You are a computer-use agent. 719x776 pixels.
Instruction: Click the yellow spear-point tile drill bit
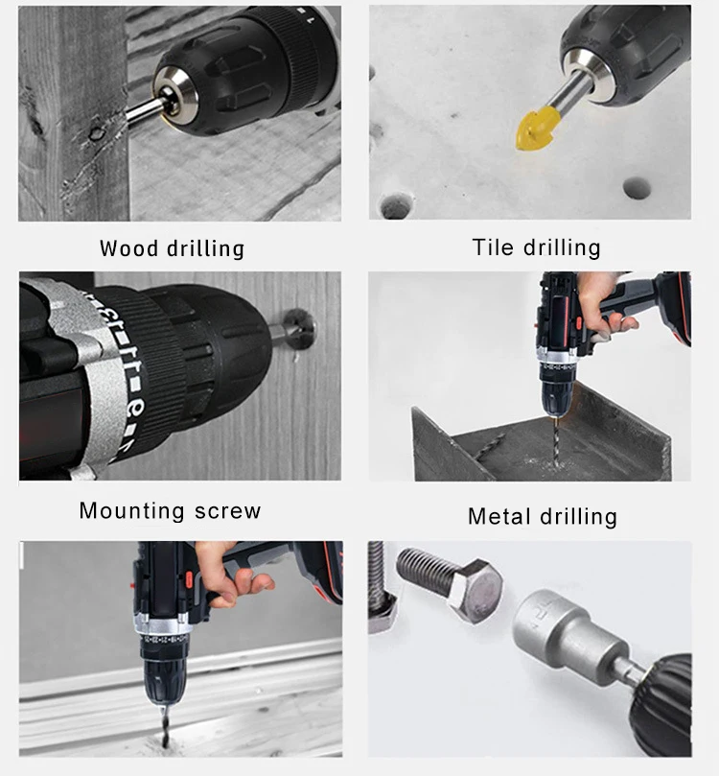tap(537, 128)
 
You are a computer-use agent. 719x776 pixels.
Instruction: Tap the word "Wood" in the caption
tap(128, 248)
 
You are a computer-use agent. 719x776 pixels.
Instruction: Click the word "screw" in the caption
tap(227, 511)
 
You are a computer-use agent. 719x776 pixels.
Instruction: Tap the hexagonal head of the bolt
tap(477, 590)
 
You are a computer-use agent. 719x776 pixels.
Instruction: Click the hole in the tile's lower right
tap(636, 188)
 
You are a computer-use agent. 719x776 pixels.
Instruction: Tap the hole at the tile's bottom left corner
tap(396, 206)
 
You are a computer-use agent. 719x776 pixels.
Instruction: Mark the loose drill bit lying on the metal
tap(489, 446)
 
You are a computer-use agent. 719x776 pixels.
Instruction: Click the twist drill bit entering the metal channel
tap(556, 443)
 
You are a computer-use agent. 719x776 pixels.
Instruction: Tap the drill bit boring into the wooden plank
tap(164, 726)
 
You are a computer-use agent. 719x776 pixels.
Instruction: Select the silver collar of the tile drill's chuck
tap(587, 74)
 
